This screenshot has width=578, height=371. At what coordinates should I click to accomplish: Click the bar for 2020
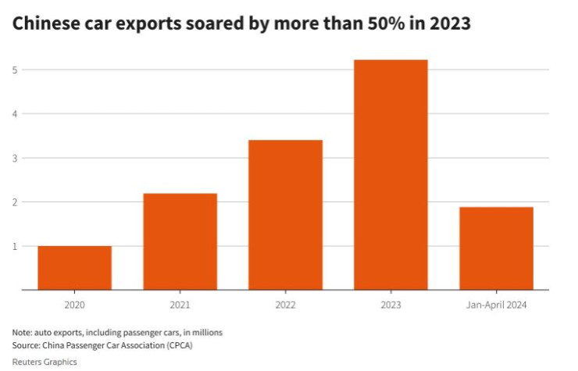pos(74,268)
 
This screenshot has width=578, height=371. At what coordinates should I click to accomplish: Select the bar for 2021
pos(180,241)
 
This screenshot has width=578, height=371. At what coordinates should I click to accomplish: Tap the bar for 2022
pos(285,215)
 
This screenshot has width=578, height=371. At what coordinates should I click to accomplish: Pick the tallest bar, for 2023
pos(391,175)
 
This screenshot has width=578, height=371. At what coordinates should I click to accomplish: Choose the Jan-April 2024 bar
pos(496,248)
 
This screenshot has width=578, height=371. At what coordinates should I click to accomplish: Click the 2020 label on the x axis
pos(74,305)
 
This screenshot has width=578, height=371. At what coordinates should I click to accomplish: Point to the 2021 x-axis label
pos(180,305)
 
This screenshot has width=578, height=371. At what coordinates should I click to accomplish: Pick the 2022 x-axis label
pos(285,305)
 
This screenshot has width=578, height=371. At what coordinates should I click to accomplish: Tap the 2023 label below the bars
pos(391,305)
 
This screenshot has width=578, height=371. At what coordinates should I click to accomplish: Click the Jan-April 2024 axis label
pos(496,305)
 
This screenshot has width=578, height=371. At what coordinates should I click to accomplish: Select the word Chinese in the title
pos(46,24)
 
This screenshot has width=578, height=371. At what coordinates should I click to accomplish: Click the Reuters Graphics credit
pos(45,362)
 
